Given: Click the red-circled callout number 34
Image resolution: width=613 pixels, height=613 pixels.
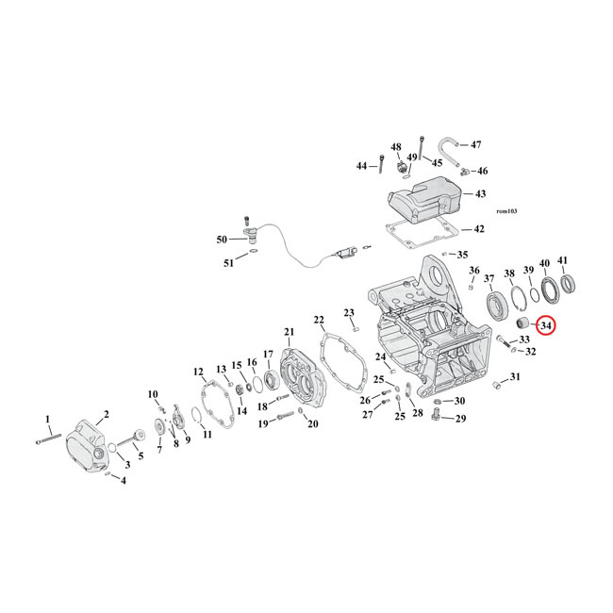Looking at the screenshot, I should (x=546, y=326).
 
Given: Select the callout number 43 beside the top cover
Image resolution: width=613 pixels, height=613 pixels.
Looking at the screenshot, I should (x=480, y=194).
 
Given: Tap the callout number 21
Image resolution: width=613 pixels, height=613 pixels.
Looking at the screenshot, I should (x=289, y=331).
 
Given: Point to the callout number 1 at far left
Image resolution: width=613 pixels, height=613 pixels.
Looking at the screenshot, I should (x=48, y=418).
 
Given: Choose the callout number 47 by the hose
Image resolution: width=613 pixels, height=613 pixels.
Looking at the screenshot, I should (x=475, y=144).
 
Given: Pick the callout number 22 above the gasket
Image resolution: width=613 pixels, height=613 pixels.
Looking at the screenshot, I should (x=319, y=320).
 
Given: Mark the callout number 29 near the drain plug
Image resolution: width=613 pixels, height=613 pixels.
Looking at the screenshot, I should (x=460, y=418).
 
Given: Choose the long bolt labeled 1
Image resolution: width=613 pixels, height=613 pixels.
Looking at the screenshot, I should (x=47, y=437).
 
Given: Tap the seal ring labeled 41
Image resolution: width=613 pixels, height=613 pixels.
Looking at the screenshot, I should (x=570, y=283).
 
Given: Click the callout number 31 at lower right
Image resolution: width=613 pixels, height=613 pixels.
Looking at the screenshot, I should (x=514, y=377).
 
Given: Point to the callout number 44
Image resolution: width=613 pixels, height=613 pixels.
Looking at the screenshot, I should (x=361, y=166).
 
